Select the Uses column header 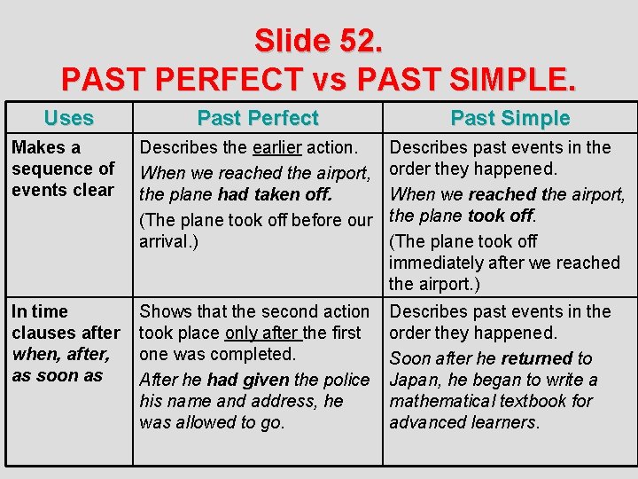pos(68,118)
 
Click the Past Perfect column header pos(258,118)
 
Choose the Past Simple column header pos(510,118)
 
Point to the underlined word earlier pos(277,147)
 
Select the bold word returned pos(537,358)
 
